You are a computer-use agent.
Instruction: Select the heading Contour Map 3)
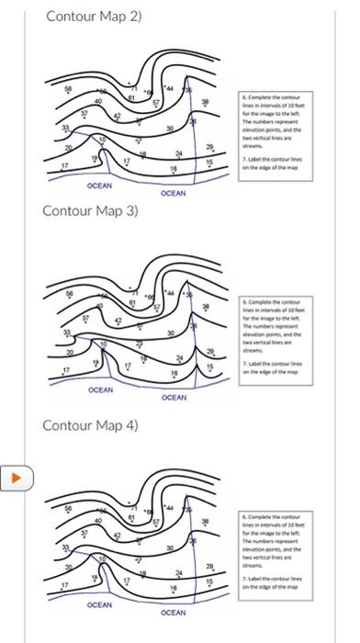point(90,210)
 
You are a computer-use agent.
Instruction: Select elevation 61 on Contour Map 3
point(132,302)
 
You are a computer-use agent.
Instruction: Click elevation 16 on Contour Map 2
point(172,169)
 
